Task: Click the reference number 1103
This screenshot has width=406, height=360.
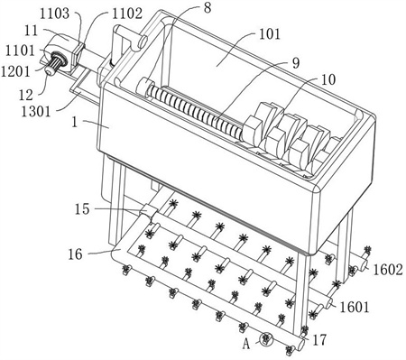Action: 54,14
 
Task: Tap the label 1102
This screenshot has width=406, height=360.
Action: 127,14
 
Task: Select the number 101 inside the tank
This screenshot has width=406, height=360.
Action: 270,34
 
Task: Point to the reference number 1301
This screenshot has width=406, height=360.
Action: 36,111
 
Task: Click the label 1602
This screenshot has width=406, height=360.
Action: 388,270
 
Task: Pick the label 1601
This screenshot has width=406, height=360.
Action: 355,307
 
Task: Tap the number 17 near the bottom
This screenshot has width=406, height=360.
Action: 319,340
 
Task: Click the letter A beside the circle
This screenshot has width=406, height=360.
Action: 246,344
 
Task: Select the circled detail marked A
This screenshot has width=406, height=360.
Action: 265,339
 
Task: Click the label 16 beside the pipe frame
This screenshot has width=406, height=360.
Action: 75,254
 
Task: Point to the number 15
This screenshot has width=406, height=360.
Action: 82,208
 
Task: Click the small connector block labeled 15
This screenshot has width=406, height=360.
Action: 148,211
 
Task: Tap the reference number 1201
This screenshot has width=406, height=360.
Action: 15,71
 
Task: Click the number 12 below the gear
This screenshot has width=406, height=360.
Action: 26,95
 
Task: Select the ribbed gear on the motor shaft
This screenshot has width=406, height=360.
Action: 57,61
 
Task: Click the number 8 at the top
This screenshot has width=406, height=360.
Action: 208,8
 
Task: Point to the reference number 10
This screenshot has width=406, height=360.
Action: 328,79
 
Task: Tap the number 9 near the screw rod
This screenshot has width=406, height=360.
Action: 296,63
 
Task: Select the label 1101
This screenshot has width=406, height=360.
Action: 21,51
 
